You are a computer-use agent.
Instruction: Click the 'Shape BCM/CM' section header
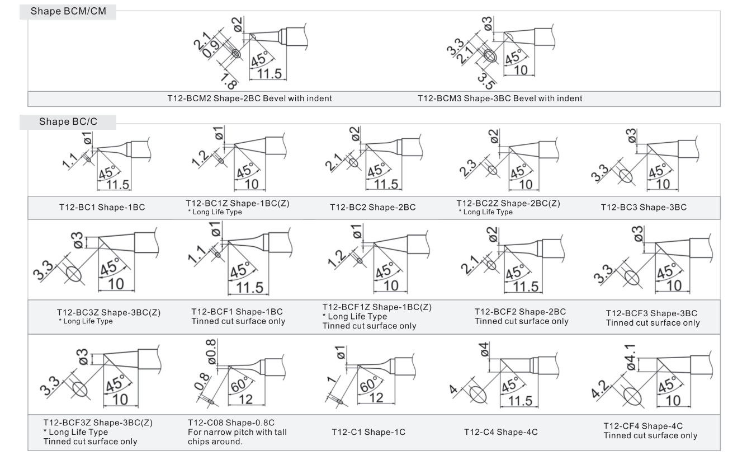(x=68, y=11)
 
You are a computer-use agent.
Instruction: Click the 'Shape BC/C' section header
(x=68, y=121)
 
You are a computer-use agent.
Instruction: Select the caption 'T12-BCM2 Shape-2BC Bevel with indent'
(x=249, y=98)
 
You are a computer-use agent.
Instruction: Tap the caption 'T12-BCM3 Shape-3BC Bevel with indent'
(x=500, y=98)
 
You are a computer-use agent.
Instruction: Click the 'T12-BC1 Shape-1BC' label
(x=102, y=208)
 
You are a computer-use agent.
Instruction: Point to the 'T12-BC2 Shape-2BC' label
(x=372, y=208)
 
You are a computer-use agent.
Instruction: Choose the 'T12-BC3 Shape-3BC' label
(x=644, y=208)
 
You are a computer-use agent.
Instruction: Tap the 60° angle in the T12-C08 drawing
(x=240, y=384)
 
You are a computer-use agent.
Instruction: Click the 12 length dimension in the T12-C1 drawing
(x=377, y=398)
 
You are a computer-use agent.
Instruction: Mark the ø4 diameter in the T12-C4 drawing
(x=484, y=352)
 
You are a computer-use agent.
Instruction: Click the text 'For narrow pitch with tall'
(x=237, y=432)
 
